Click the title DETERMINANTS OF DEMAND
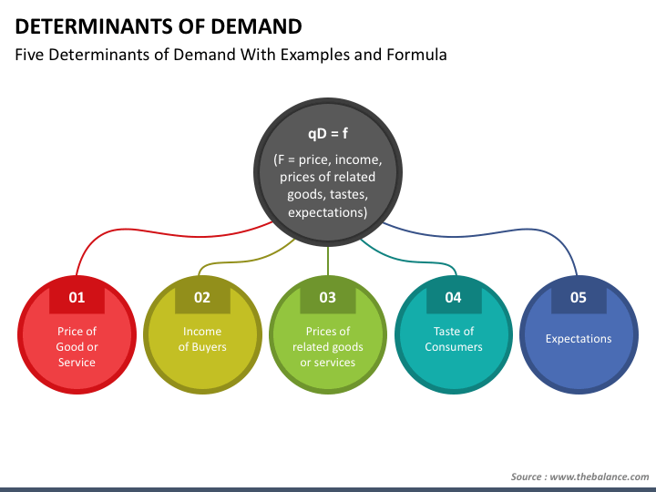(x=159, y=26)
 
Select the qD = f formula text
(x=328, y=133)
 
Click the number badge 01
(x=77, y=297)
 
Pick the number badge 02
(x=202, y=297)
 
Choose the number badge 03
(x=328, y=297)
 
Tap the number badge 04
(x=454, y=297)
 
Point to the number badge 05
(x=579, y=297)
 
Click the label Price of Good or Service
(x=77, y=347)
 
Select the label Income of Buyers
(x=202, y=339)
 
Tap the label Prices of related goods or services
(x=328, y=347)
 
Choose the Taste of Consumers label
(x=454, y=339)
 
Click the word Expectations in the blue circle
(x=579, y=338)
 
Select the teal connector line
(x=412, y=261)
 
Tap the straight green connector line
(x=328, y=261)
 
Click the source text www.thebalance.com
(x=600, y=477)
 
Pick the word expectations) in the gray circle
(x=328, y=212)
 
